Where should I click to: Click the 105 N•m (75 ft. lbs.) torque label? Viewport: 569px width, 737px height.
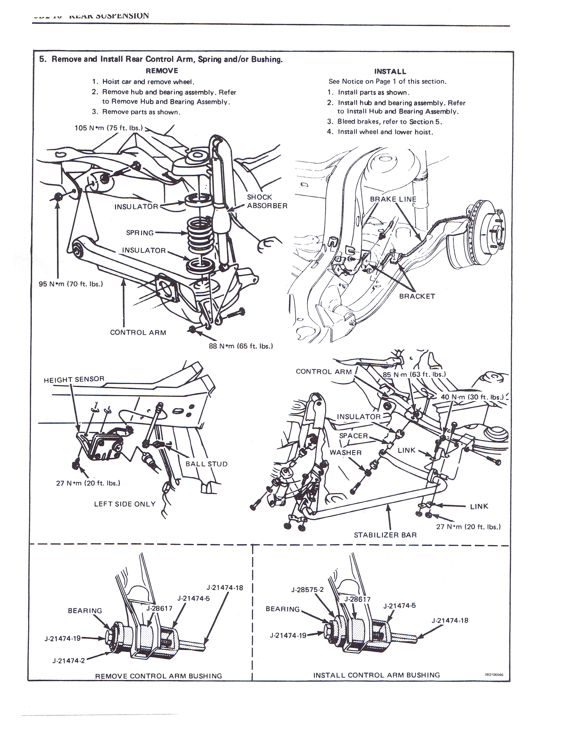(x=108, y=128)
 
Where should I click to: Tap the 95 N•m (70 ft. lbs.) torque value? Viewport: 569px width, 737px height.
(x=71, y=284)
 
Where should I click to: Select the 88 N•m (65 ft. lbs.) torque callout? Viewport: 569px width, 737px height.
(x=241, y=346)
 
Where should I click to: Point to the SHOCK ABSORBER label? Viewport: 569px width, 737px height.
(x=267, y=201)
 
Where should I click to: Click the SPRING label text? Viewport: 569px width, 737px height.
(x=139, y=233)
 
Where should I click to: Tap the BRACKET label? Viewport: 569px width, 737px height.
(x=417, y=296)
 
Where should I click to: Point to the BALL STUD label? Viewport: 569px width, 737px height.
(x=206, y=464)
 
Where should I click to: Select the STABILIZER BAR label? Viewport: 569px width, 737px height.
(x=385, y=535)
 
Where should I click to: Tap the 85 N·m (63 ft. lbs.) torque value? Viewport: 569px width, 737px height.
(x=414, y=374)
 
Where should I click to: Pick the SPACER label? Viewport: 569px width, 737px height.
(x=353, y=436)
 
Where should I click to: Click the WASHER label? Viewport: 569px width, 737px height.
(x=345, y=452)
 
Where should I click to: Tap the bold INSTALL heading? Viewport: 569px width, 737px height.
(x=390, y=71)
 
